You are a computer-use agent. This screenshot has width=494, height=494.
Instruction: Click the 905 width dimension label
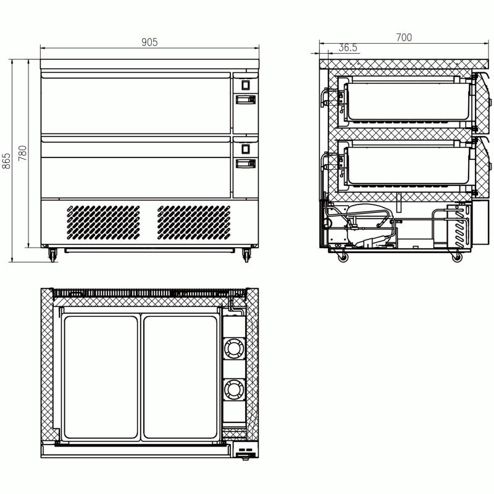tap(149, 42)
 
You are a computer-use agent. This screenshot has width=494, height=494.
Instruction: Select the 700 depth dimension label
tap(404, 38)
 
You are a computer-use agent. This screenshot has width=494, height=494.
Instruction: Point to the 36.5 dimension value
tap(348, 48)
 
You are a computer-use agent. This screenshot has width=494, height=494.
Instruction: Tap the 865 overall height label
tap(6, 161)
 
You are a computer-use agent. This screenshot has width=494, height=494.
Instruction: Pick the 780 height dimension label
tap(23, 153)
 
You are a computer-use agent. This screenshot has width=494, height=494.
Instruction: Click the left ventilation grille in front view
tap(103, 222)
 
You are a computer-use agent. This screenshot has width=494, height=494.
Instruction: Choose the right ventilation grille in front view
tap(194, 222)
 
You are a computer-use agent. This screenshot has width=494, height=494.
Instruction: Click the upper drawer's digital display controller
tap(246, 100)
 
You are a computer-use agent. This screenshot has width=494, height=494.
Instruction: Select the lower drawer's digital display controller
tap(246, 164)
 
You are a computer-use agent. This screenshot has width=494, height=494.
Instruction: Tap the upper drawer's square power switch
tap(245, 85)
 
